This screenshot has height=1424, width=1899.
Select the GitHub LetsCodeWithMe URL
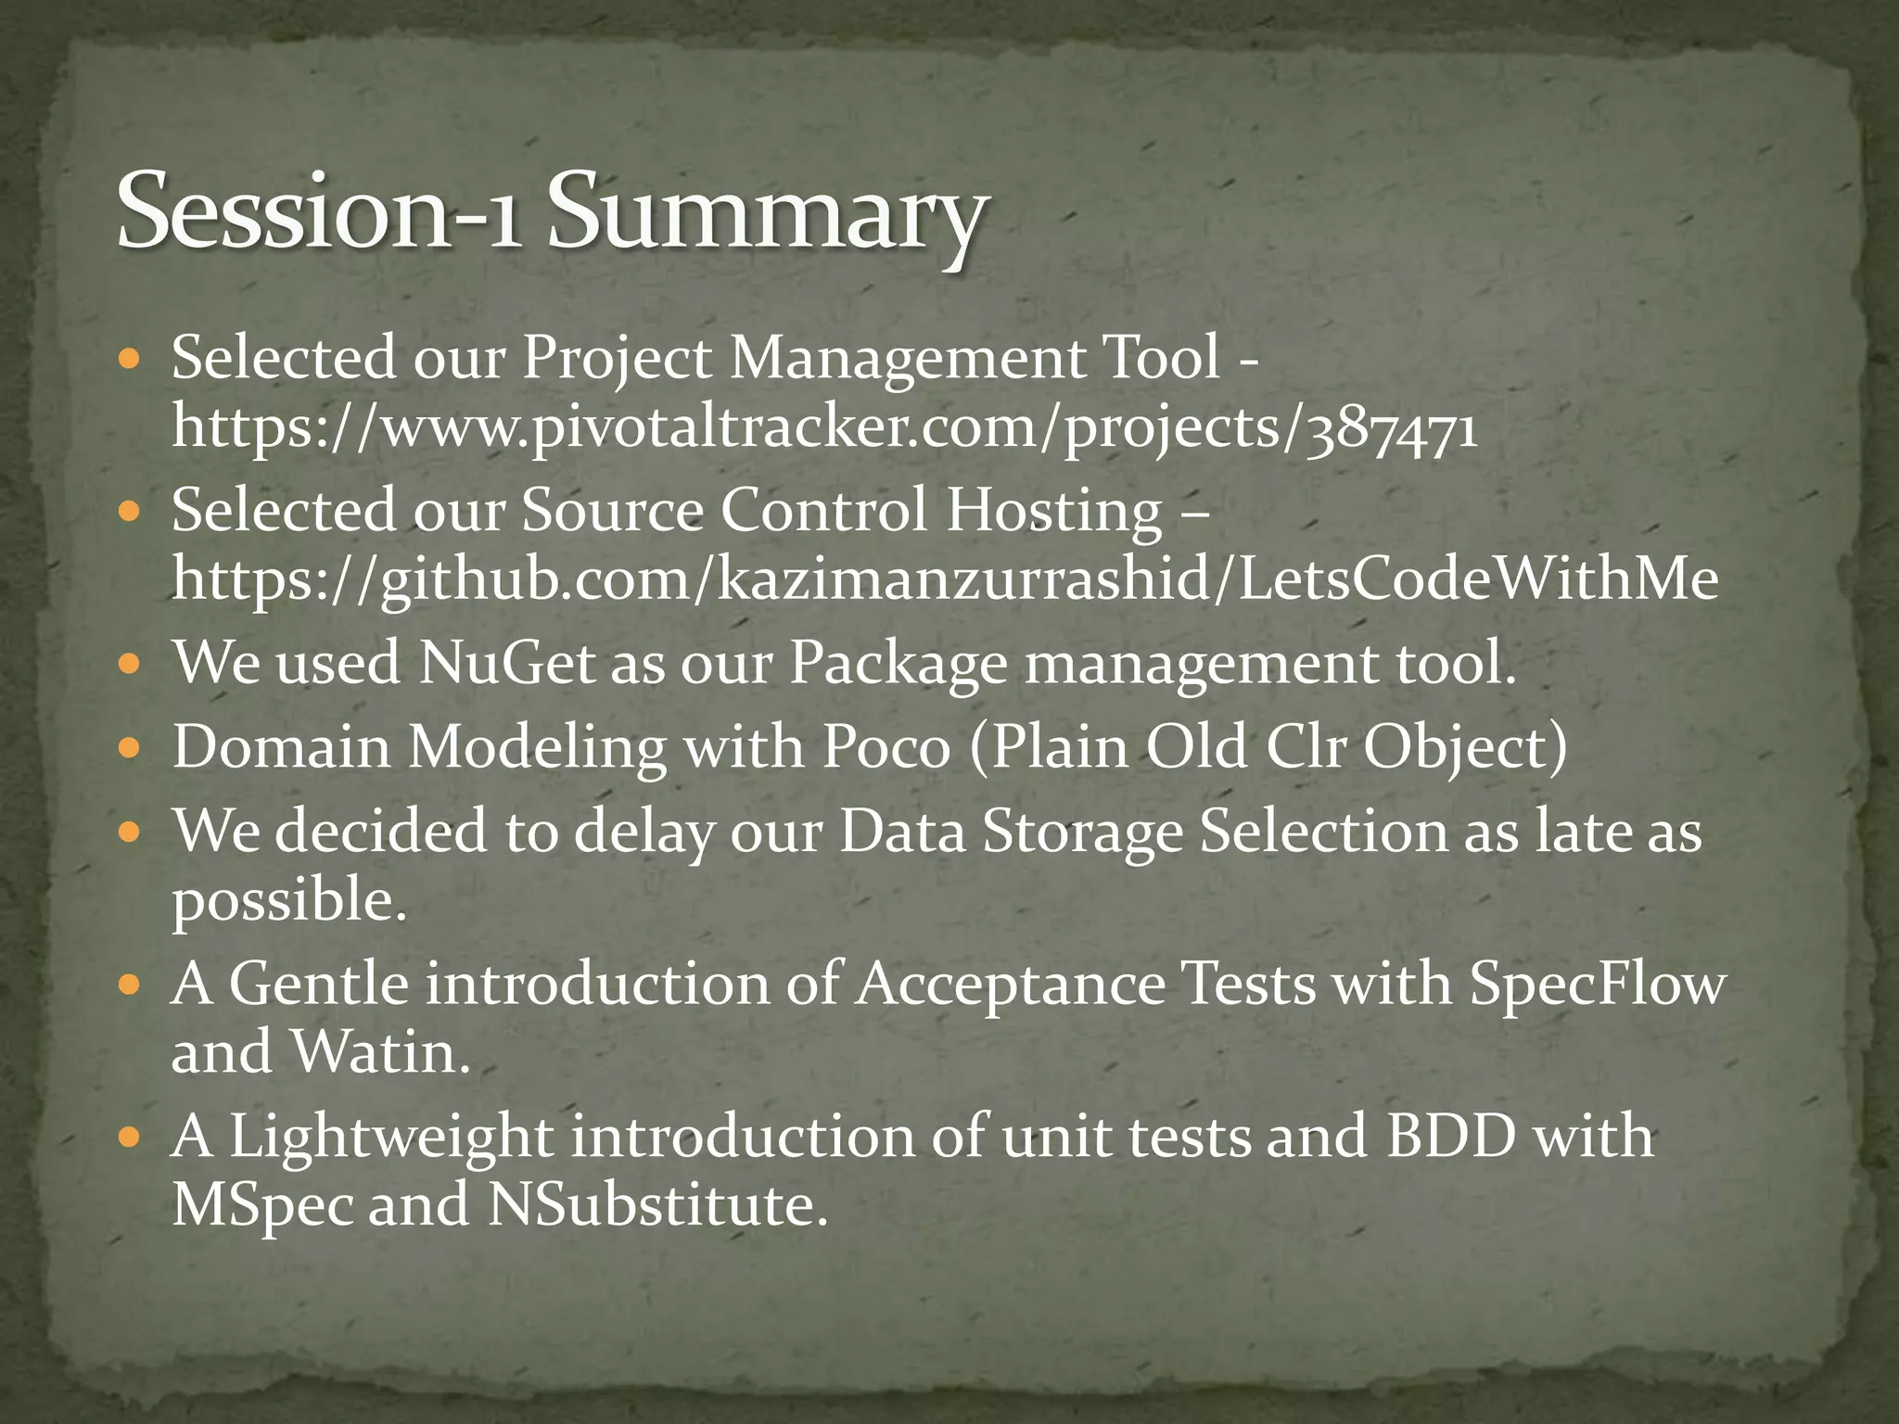coord(945,578)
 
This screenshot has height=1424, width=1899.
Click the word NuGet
coord(506,663)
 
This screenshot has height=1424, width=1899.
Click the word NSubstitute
coord(656,1203)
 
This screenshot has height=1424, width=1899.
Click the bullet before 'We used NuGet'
coord(131,664)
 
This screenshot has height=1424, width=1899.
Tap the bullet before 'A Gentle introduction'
coord(131,984)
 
